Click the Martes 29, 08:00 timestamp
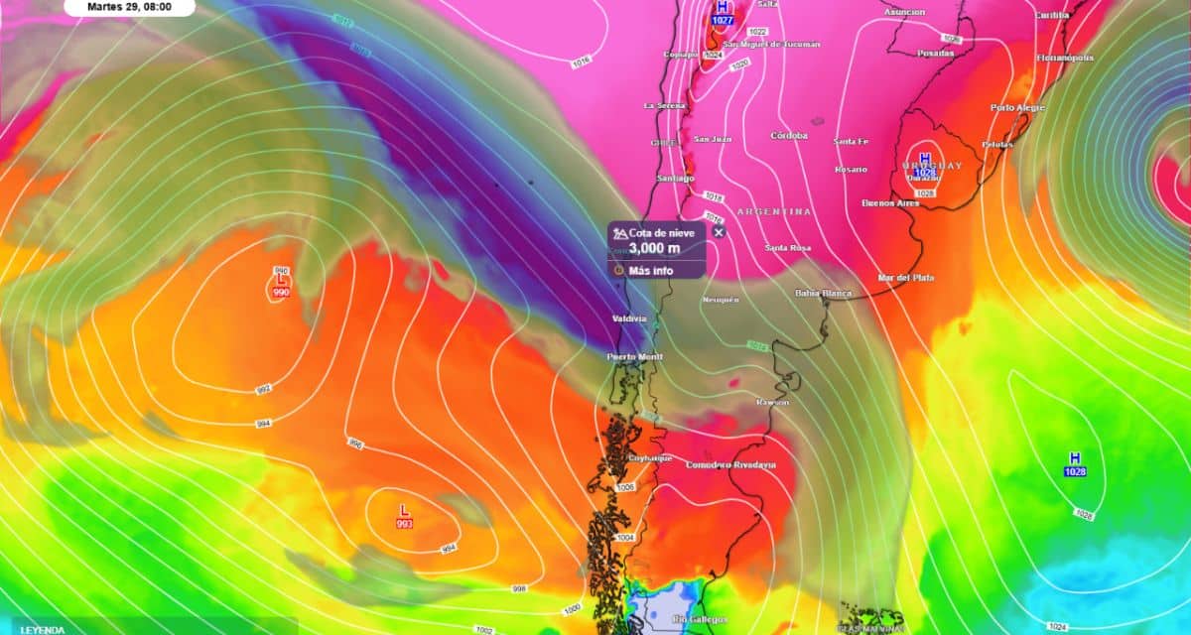(x=129, y=6)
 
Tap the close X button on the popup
(x=720, y=232)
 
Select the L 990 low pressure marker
(x=281, y=287)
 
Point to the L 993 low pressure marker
(x=404, y=516)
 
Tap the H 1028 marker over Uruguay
(x=925, y=166)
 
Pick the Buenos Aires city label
(x=890, y=203)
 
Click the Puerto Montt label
(x=635, y=356)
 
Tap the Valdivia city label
(x=629, y=318)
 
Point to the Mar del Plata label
(x=906, y=278)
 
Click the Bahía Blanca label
(x=824, y=294)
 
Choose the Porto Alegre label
(x=1018, y=107)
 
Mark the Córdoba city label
(x=789, y=135)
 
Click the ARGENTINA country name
(x=773, y=211)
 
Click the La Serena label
(x=663, y=105)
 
